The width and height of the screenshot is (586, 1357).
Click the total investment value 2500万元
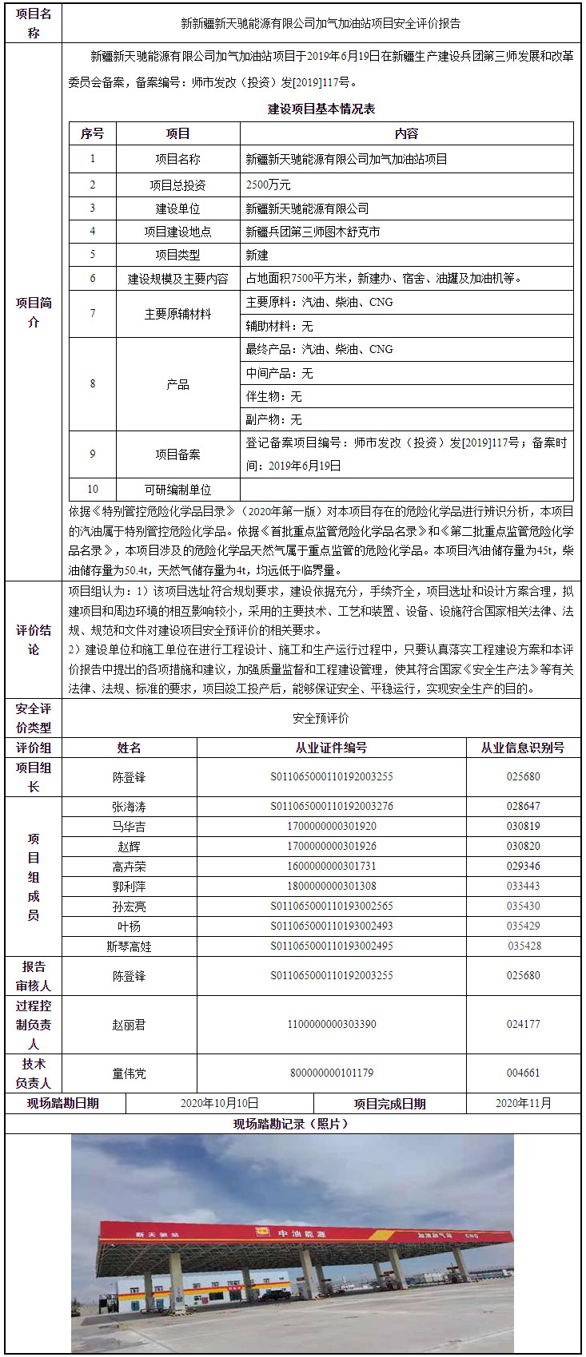(x=269, y=185)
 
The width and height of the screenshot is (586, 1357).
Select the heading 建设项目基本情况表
(x=321, y=109)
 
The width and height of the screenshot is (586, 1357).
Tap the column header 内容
(x=406, y=133)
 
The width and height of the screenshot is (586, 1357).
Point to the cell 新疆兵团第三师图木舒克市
(x=313, y=232)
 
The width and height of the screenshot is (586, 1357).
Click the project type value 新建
(x=257, y=255)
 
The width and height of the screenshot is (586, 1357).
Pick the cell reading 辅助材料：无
(x=279, y=326)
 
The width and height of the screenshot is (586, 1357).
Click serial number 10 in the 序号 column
(x=93, y=489)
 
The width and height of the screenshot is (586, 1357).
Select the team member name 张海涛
(x=129, y=807)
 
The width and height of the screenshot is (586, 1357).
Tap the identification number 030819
(x=523, y=826)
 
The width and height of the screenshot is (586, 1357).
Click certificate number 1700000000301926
(x=331, y=846)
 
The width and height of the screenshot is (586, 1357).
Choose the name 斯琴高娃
(x=129, y=946)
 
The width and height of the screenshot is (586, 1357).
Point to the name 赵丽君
(x=129, y=1024)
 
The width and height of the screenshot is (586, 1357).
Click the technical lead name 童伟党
(x=129, y=1073)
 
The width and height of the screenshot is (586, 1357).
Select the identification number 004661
(x=523, y=1073)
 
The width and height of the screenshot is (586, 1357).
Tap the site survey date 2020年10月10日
(x=219, y=1103)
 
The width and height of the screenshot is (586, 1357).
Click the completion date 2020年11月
(x=523, y=1103)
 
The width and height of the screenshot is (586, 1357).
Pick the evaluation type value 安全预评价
(x=321, y=718)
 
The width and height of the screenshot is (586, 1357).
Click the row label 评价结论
(x=34, y=640)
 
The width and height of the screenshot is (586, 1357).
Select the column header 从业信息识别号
(x=523, y=748)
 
